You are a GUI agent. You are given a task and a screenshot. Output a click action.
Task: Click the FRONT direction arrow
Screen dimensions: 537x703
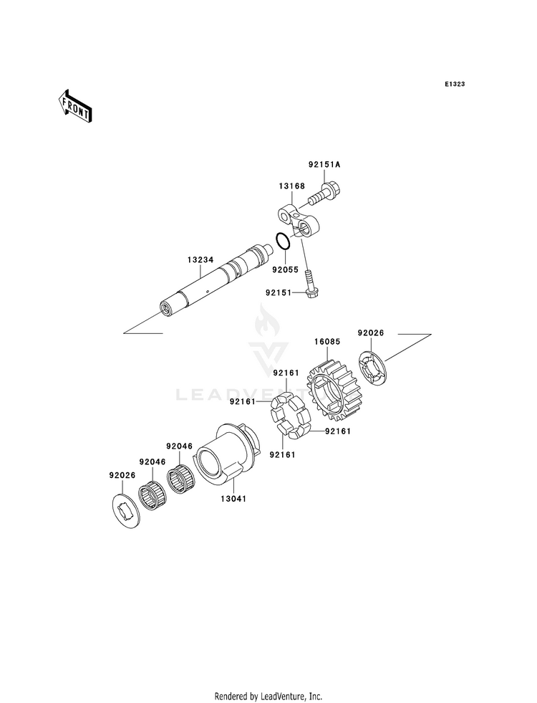[74, 105]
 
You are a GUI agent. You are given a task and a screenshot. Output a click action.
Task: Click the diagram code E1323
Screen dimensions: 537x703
[455, 84]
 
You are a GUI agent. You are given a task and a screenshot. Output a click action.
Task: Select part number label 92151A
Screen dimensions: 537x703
[324, 165]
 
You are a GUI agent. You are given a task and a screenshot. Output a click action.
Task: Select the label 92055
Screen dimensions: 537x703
[285, 270]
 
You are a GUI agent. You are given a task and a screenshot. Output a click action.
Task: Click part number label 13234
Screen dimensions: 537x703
[200, 259]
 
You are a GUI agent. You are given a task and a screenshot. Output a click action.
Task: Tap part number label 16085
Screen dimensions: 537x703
[327, 342]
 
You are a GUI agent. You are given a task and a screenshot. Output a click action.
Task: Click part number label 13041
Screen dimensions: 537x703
[233, 499]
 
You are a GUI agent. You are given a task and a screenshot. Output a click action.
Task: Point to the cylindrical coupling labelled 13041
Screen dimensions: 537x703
[227, 453]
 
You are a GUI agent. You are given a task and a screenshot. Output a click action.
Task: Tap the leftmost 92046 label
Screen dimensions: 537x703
[153, 462]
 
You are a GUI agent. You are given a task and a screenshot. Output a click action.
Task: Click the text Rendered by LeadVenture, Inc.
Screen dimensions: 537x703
[268, 697]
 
